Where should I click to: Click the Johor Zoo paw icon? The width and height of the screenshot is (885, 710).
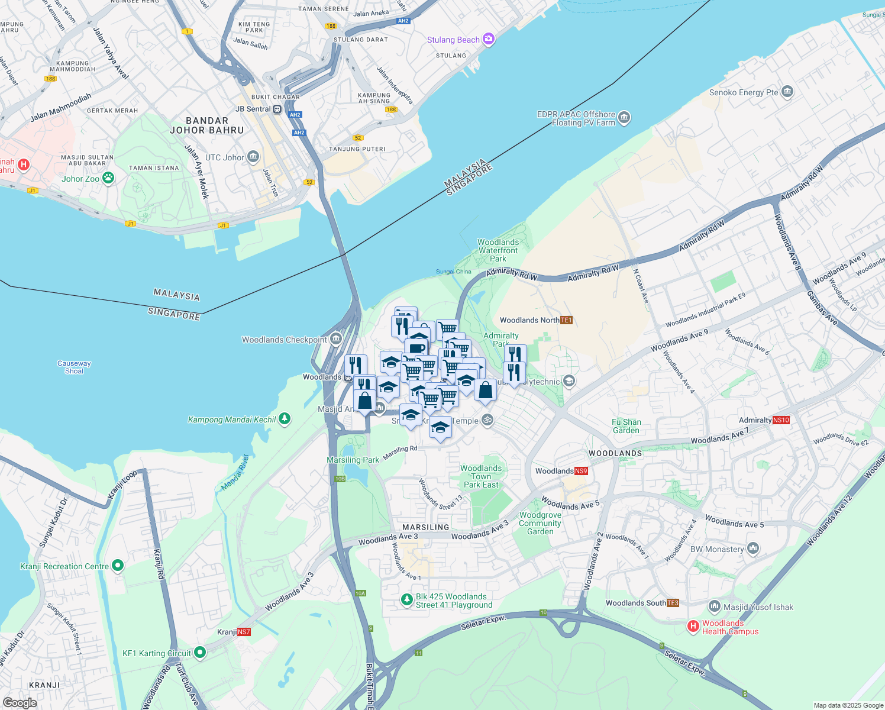[x=108, y=177]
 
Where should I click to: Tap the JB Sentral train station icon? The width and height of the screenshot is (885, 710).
[x=277, y=109]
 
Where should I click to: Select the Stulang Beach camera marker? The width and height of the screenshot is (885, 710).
[x=488, y=39]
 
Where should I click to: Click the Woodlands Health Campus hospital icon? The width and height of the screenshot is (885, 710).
[x=693, y=626]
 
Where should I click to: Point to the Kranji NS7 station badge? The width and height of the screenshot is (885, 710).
[x=244, y=632]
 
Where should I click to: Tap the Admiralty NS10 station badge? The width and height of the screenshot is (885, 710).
[x=781, y=420]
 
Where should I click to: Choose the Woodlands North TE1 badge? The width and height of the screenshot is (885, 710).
[x=566, y=320]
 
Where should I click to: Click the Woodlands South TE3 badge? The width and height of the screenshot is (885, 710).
[x=673, y=603]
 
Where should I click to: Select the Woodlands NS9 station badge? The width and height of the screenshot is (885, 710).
[x=581, y=471]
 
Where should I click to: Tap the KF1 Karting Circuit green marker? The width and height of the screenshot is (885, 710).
[x=200, y=653]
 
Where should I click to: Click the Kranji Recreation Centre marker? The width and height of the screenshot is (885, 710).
[x=118, y=566]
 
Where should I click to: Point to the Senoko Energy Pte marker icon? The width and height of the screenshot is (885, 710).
[x=787, y=92]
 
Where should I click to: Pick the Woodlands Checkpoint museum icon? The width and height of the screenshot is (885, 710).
[x=336, y=339]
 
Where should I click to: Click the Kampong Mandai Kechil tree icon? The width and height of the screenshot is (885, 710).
[x=285, y=419]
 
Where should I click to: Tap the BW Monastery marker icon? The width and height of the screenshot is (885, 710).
[x=752, y=548]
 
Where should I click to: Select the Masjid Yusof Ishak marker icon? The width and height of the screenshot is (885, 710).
[x=714, y=606]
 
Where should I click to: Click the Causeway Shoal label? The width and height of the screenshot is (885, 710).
[x=74, y=367]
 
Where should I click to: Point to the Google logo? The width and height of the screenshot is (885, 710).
[x=20, y=703]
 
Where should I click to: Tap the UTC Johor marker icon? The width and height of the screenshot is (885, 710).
[x=253, y=157]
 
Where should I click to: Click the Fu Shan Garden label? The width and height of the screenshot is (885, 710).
[x=626, y=426]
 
